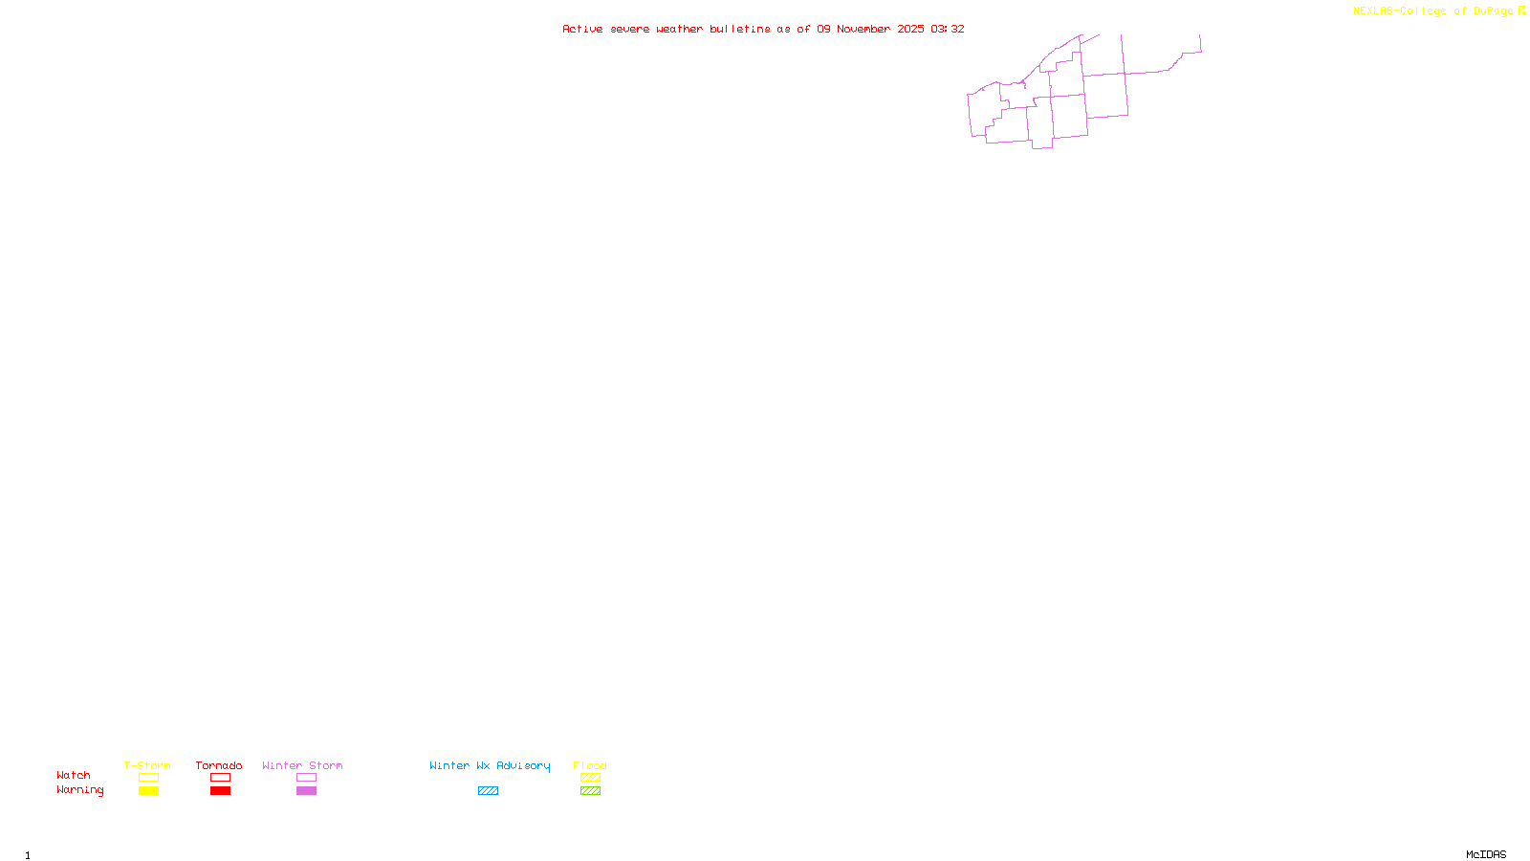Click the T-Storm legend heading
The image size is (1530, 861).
[x=147, y=765]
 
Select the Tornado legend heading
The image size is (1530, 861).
[x=219, y=765]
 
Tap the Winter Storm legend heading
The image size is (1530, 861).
[x=302, y=765]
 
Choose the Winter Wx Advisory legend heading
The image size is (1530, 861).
[x=490, y=765]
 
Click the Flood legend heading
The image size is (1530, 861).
[x=590, y=765]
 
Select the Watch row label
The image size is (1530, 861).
[x=74, y=776]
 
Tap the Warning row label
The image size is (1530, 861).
[x=80, y=790]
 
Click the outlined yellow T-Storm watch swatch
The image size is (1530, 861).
[x=148, y=778]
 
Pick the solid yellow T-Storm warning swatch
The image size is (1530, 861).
[x=148, y=791]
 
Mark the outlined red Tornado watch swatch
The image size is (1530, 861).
[x=220, y=778]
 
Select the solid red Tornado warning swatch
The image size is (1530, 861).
[x=220, y=791]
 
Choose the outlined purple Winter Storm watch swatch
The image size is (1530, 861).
[x=306, y=778]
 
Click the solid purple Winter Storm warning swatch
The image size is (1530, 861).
[x=306, y=791]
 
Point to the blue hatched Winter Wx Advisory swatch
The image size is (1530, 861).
[x=488, y=791]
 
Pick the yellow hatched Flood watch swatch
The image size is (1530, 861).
[x=590, y=778]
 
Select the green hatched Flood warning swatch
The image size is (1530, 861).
[x=590, y=791]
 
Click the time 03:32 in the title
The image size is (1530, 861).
[x=948, y=30]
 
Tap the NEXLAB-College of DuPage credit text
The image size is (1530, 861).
[x=1432, y=11]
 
